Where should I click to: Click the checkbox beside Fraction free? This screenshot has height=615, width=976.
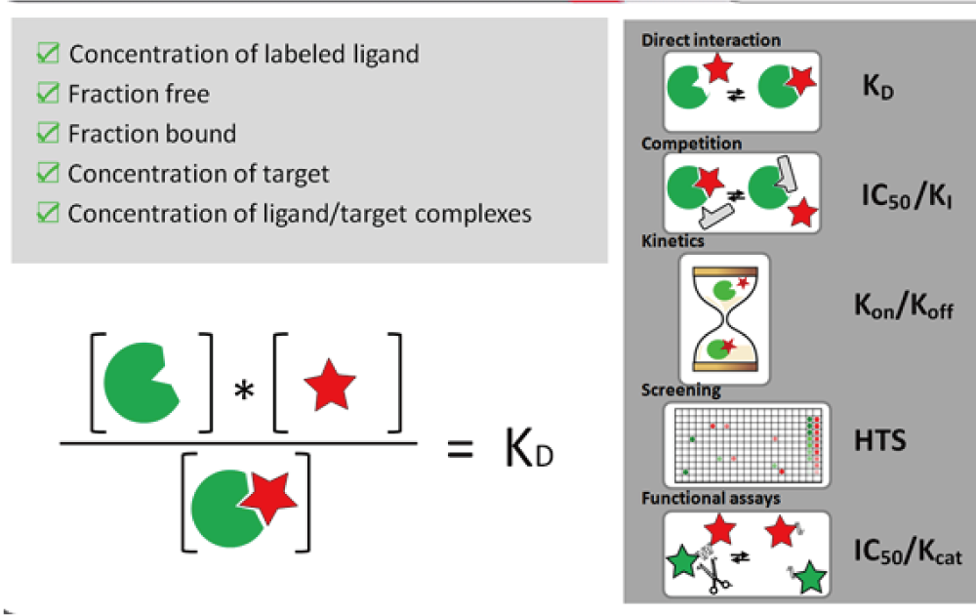pyautogui.click(x=47, y=94)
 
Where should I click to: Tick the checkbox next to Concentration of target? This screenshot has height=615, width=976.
pyautogui.click(x=47, y=174)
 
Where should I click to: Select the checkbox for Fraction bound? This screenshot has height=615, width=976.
pyautogui.click(x=47, y=134)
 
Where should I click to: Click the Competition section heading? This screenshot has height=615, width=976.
pyautogui.click(x=692, y=143)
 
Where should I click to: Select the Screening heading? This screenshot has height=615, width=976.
pyautogui.click(x=681, y=390)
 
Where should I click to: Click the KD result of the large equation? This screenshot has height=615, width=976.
pyautogui.click(x=531, y=448)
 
